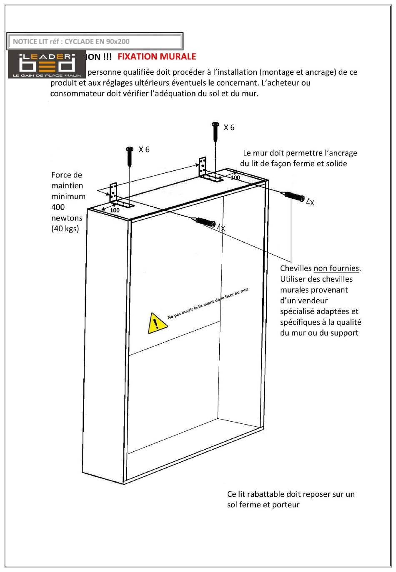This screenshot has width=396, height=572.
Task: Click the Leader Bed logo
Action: (x=46, y=64)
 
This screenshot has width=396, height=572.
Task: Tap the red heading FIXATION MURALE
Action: (x=157, y=56)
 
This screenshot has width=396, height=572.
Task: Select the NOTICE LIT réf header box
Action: (x=95, y=41)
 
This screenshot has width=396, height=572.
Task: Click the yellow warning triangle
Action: (x=156, y=323)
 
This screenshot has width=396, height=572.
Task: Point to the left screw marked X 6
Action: (x=130, y=157)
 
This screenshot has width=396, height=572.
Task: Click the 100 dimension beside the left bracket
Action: (x=115, y=210)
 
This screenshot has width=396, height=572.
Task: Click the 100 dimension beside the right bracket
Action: (x=235, y=177)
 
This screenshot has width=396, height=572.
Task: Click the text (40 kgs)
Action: (x=65, y=229)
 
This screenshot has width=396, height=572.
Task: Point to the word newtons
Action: (x=67, y=218)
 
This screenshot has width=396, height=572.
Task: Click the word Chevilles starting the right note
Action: (x=296, y=268)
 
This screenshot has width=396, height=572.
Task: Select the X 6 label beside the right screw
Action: (x=229, y=128)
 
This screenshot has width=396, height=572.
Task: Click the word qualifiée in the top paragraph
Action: (x=138, y=72)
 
